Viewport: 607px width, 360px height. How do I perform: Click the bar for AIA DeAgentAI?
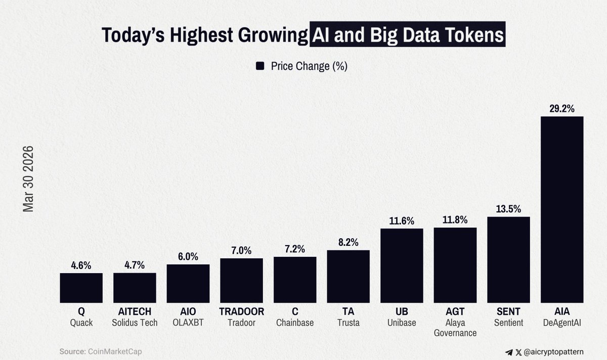562,209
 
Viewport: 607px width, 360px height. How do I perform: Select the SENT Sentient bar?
508,259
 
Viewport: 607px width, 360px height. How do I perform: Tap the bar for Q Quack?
81,288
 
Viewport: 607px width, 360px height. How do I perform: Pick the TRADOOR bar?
241,280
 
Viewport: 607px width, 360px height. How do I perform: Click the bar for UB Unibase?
402,265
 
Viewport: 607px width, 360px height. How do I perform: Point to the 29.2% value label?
562,108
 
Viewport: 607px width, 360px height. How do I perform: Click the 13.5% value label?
508,209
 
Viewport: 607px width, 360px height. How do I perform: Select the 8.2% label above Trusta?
348,242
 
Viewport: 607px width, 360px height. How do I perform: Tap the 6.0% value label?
188,256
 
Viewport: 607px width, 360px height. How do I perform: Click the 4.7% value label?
135,265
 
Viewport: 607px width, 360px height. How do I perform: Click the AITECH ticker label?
135,312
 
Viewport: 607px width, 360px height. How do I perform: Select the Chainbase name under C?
295,323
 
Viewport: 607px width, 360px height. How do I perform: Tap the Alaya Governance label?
455,328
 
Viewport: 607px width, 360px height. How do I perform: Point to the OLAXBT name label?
188,323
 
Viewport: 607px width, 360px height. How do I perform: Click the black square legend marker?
261,66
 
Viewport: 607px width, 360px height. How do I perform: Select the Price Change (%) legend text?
309,66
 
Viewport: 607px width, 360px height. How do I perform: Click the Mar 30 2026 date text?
28,179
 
